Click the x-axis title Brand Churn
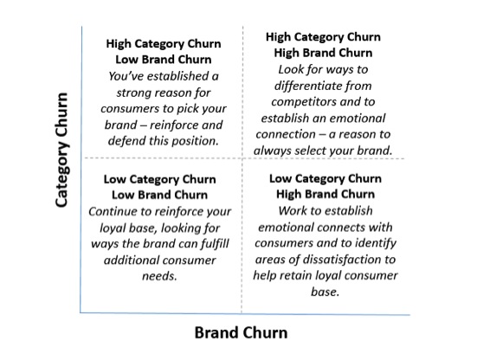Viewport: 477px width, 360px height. tap(241, 332)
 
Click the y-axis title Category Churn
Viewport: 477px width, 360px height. tap(61, 150)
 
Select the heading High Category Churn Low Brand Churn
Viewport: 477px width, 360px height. tap(164, 51)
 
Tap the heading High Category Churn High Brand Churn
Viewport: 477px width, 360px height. tap(323, 45)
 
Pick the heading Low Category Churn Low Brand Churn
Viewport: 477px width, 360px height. tap(159, 187)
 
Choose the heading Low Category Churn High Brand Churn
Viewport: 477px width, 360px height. tap(326, 186)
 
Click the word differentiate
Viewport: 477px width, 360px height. tap(304, 86)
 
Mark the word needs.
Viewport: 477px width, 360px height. tap(159, 276)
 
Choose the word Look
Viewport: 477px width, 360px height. tap(291, 69)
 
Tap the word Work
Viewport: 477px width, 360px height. tap(292, 210)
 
